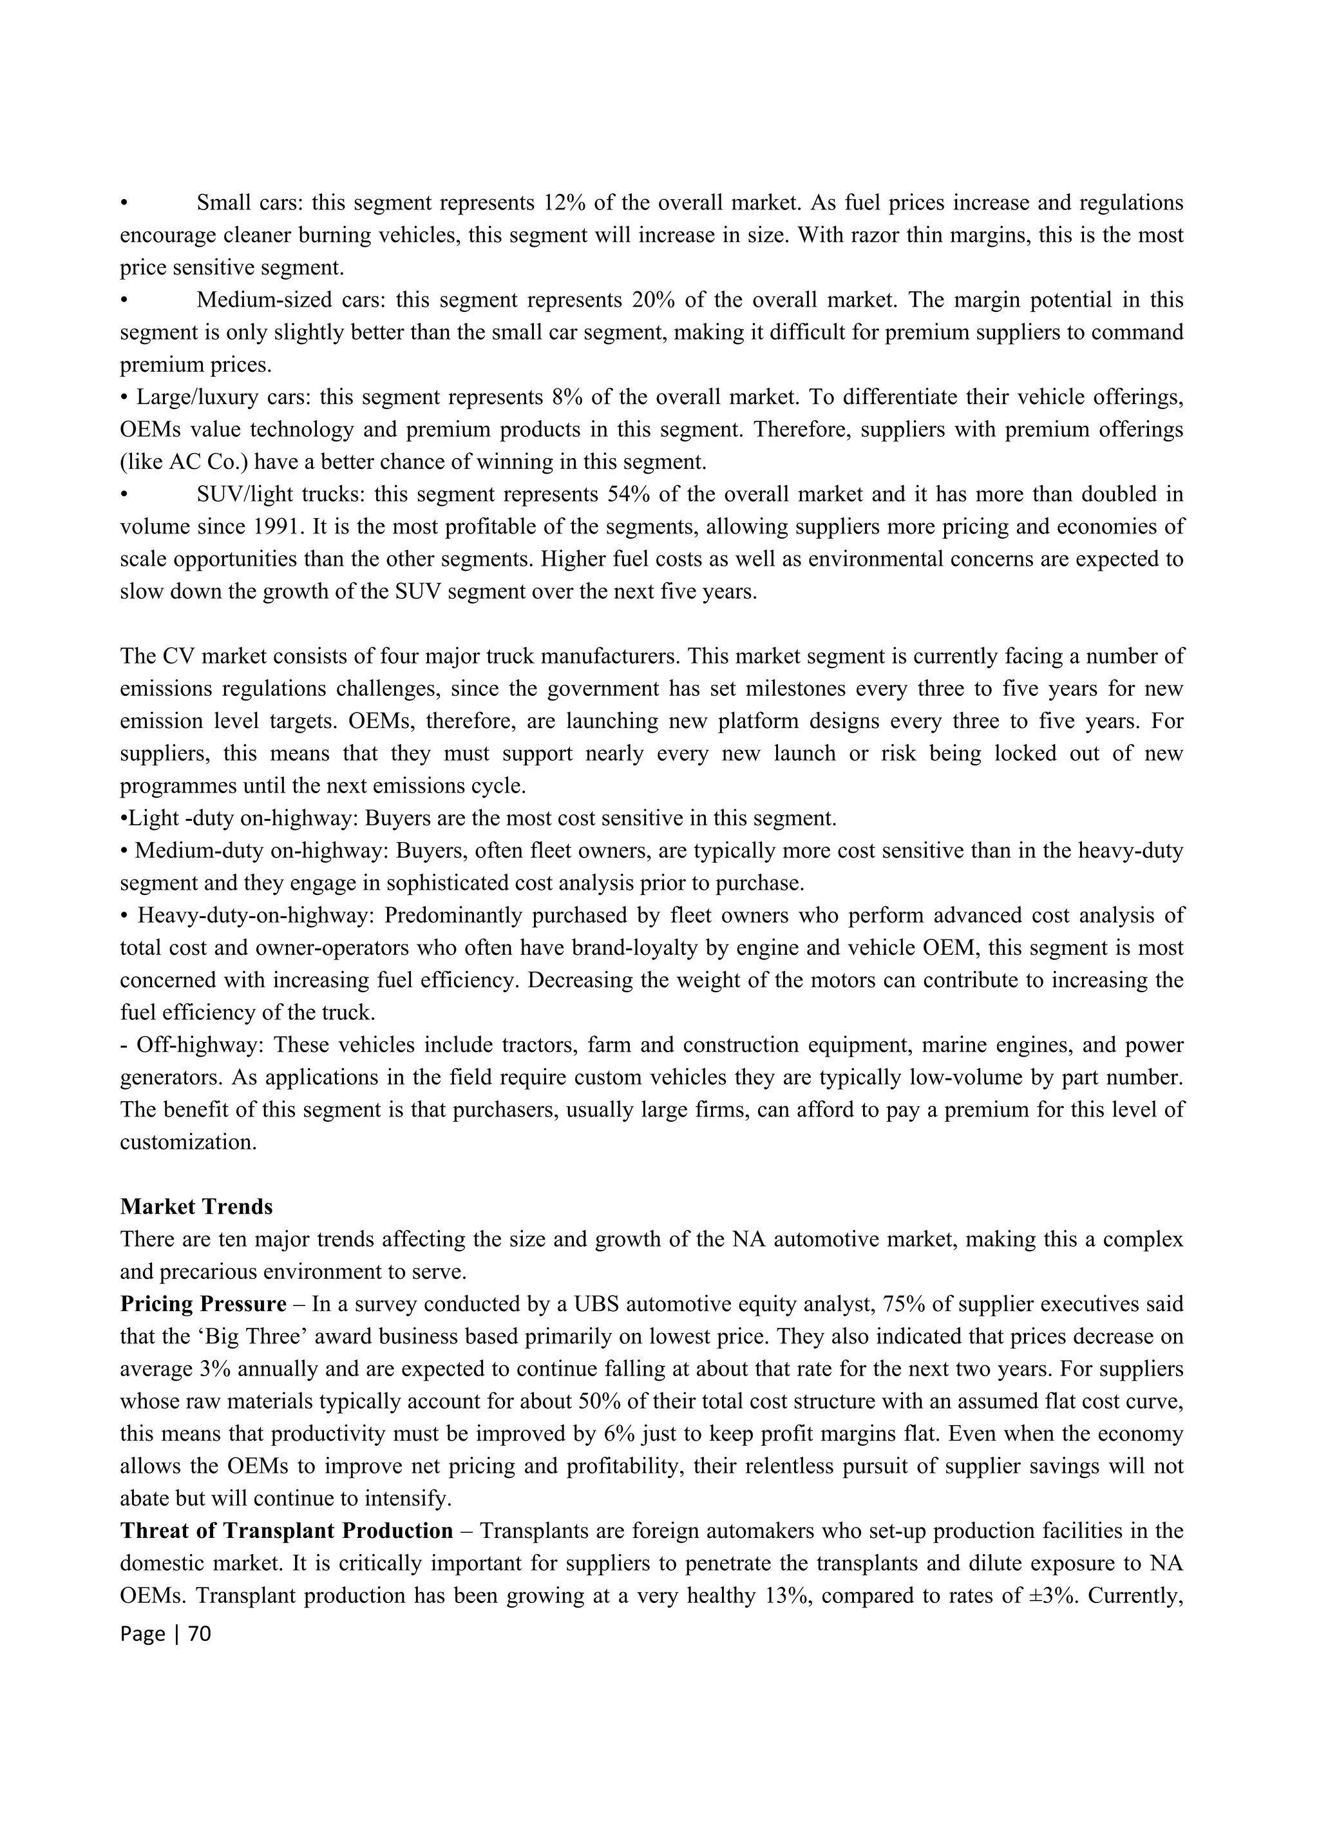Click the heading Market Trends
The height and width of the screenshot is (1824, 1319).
(x=196, y=1206)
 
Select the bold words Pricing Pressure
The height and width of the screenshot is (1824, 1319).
(x=203, y=1303)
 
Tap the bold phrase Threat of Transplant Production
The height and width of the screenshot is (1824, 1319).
(x=286, y=1530)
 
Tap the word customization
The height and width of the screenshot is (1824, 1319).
(x=188, y=1142)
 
